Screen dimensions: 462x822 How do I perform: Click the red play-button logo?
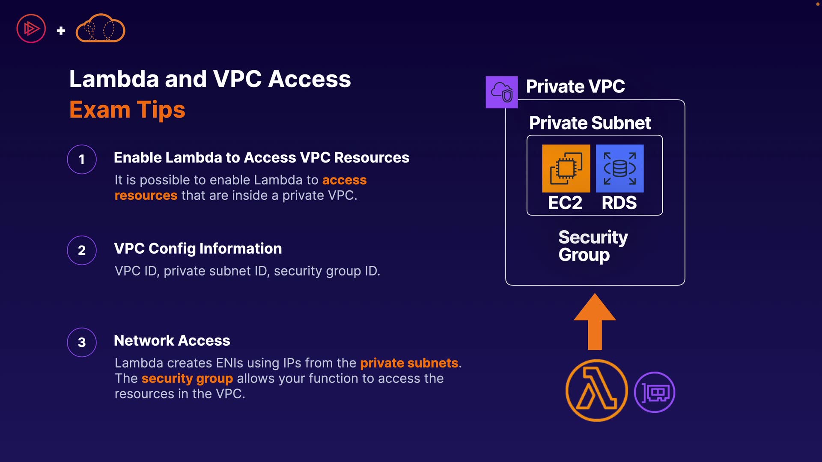coord(31,29)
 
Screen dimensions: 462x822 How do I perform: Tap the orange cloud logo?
coord(100,29)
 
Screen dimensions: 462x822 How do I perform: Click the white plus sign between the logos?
coord(61,30)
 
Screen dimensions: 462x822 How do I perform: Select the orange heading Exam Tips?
coord(127,110)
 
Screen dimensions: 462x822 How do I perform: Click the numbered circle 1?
coord(82,160)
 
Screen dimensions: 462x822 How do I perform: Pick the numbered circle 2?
coord(82,250)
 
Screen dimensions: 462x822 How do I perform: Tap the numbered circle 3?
coord(82,342)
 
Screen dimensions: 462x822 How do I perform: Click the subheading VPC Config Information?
coord(198,249)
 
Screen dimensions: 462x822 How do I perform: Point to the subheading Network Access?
coord(172,341)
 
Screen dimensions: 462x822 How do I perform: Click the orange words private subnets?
coord(409,363)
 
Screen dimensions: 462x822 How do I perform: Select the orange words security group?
coord(187,378)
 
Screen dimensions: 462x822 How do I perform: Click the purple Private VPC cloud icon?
coord(501,92)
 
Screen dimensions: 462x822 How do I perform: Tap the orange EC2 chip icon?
coord(566,168)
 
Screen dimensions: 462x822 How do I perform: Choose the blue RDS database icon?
coord(619,168)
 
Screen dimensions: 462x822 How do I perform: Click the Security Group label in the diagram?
coord(593,246)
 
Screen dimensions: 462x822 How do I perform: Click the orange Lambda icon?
coord(596,391)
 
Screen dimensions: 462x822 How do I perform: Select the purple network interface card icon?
coord(654,392)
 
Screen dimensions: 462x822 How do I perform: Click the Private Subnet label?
coord(590,123)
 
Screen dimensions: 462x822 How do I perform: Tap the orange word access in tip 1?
coord(344,180)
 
